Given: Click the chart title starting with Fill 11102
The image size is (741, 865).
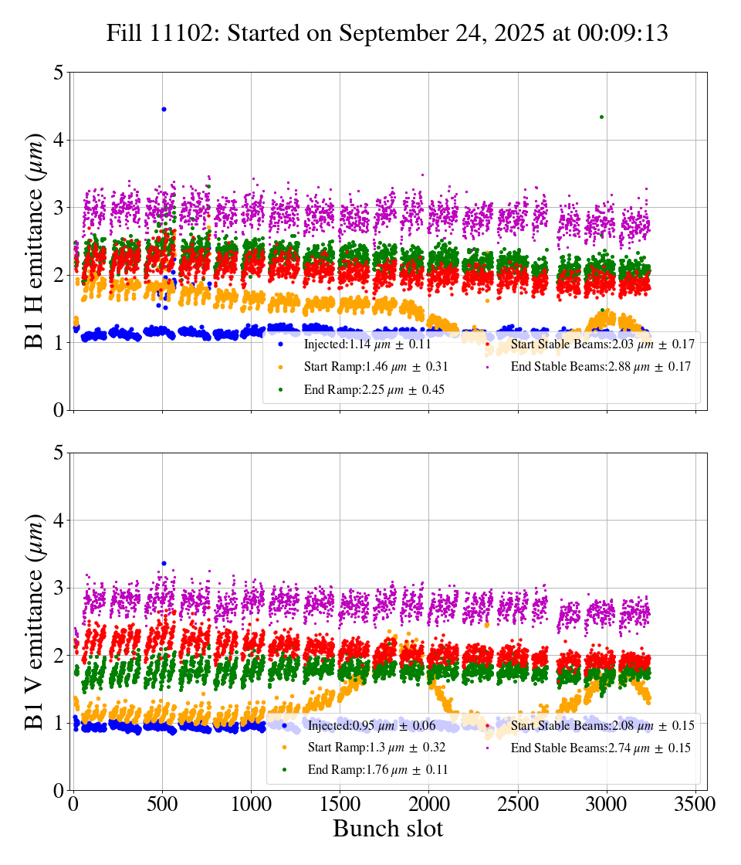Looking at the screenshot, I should [x=387, y=33].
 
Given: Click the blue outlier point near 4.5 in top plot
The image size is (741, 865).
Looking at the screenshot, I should [x=164, y=109].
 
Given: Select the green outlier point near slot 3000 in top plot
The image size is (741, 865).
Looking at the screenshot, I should [x=601, y=117].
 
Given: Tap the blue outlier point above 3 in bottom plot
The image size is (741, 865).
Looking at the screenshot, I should [x=164, y=563].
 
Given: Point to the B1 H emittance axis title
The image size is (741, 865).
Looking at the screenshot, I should [x=35, y=240].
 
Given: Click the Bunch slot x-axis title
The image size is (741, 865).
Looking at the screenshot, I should [x=387, y=829].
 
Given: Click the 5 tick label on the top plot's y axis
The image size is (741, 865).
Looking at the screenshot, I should [x=58, y=73].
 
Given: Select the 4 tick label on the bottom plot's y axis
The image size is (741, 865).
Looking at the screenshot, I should [x=58, y=521].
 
